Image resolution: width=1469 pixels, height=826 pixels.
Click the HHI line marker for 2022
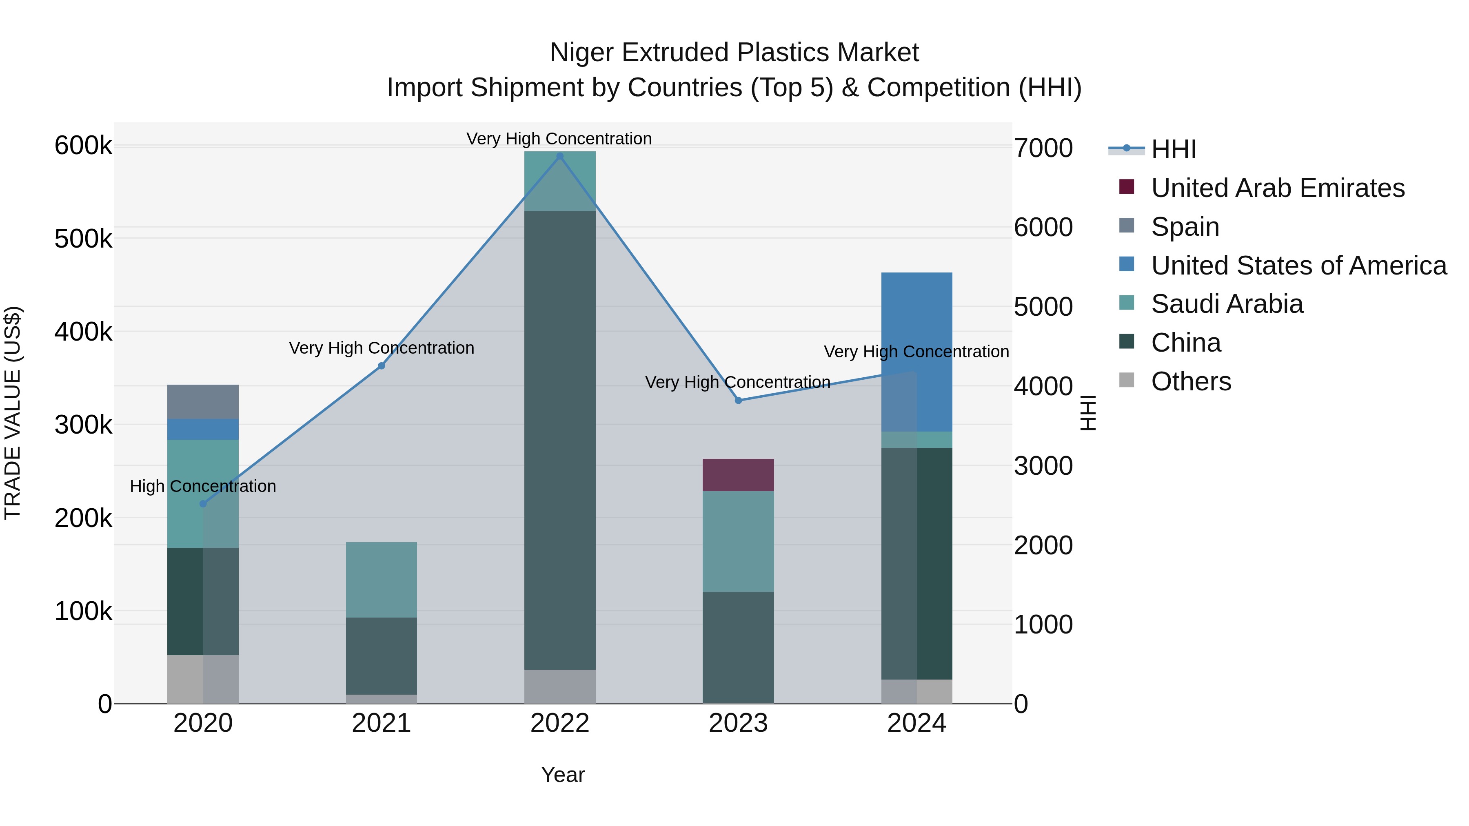click(x=559, y=156)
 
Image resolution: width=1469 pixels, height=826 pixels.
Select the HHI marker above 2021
click(x=382, y=366)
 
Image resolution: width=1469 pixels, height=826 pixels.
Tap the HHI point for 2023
click(x=739, y=401)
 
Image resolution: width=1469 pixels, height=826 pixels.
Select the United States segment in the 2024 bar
click(x=916, y=342)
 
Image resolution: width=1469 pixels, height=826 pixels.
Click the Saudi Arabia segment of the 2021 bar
click(x=381, y=579)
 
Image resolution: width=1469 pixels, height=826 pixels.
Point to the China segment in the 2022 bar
click(x=559, y=439)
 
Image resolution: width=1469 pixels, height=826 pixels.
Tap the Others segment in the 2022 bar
click(x=559, y=686)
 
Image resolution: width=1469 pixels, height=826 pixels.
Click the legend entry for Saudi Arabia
click(x=1226, y=304)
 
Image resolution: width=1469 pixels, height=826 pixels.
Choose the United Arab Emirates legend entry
click(x=1277, y=188)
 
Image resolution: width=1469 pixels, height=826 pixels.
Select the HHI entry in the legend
click(x=1173, y=149)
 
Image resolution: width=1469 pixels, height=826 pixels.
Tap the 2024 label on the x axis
click(x=916, y=723)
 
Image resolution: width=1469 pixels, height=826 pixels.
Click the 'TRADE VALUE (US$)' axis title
click(x=13, y=413)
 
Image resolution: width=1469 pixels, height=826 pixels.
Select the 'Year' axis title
click(x=562, y=775)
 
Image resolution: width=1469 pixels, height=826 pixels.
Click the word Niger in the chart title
click(x=581, y=53)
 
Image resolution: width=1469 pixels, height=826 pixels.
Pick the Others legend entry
click(x=1191, y=381)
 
